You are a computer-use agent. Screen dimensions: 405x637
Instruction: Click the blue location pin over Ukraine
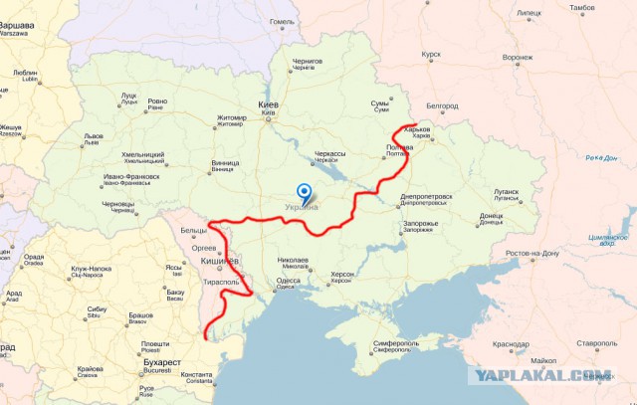pos(304,192)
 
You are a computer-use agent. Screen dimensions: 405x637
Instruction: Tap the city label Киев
pos(269,104)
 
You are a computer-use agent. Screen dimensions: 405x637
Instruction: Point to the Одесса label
pos(289,281)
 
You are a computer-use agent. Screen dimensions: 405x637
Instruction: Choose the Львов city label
pos(93,135)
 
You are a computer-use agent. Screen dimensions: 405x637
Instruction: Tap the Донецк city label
pos(492,215)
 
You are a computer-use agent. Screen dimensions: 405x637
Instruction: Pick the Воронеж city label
pos(518,57)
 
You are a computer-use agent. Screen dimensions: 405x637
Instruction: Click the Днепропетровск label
pos(426,197)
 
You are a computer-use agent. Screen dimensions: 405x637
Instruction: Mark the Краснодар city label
pos(511,344)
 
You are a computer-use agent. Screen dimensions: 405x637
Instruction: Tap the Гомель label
pos(283,21)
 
